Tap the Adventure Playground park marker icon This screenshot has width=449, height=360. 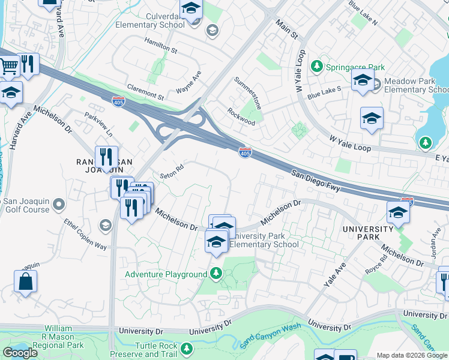tap(217, 274)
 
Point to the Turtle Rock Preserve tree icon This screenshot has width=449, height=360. tap(187, 348)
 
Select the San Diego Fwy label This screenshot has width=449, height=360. tap(316, 181)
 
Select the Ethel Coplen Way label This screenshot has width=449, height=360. tap(85, 235)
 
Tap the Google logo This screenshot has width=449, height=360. tap(20, 353)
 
